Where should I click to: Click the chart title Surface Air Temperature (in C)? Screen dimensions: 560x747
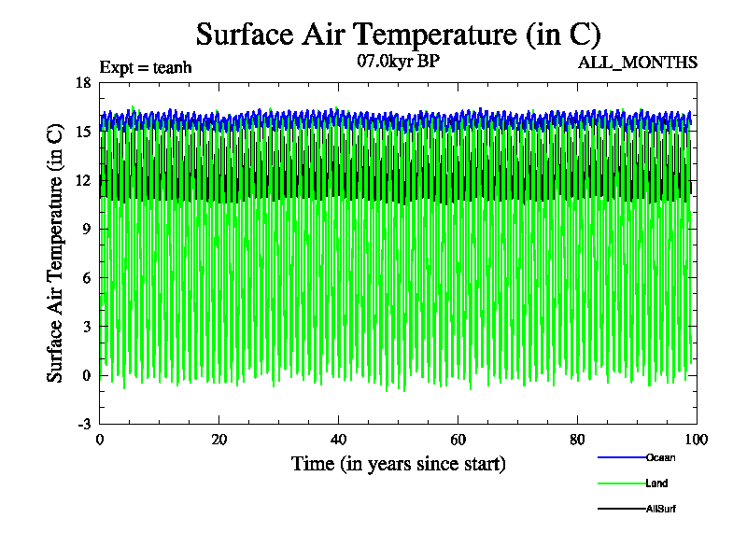(398, 35)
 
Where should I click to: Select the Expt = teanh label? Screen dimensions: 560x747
(151, 67)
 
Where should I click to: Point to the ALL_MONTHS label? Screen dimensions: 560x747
(638, 63)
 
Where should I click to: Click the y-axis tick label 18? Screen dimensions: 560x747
(83, 82)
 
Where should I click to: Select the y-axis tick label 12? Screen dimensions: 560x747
(83, 180)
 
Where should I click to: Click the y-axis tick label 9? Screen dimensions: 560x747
(87, 229)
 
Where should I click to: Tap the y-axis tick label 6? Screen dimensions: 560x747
(87, 278)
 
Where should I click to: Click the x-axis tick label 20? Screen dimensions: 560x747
(219, 441)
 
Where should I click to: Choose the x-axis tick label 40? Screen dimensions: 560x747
(339, 441)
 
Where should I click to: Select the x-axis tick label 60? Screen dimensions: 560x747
(458, 441)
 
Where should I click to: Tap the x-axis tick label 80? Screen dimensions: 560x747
(578, 441)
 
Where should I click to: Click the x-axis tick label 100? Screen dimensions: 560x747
(697, 441)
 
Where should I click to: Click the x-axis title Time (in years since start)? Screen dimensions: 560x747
(399, 463)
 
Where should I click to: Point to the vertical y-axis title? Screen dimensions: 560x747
(56, 253)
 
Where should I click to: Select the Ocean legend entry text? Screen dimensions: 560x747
(659, 457)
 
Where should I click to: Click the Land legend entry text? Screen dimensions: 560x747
(656, 483)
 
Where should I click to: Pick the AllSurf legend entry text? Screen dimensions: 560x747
(660, 509)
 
